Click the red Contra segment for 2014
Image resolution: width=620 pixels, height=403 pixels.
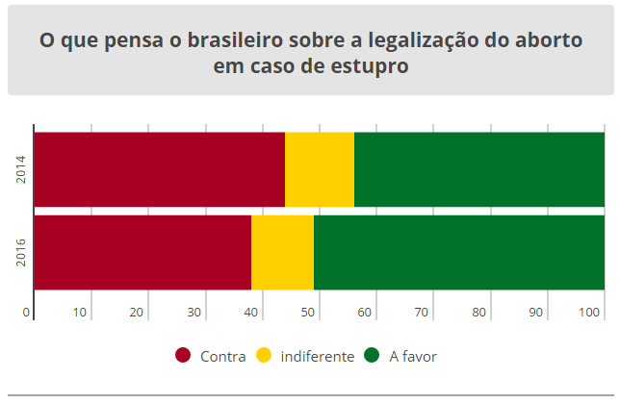click(159, 169)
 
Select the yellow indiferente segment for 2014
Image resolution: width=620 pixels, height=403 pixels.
click(320, 169)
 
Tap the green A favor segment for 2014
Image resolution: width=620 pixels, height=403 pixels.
click(478, 169)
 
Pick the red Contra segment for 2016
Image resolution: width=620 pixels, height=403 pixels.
click(142, 252)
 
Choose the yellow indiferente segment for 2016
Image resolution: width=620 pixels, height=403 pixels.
click(282, 252)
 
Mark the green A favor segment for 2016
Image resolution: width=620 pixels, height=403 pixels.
click(458, 252)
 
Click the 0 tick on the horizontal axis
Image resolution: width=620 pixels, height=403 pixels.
click(26, 312)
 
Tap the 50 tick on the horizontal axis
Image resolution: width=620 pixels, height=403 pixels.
click(308, 312)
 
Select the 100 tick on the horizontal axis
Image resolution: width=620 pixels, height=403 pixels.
click(590, 312)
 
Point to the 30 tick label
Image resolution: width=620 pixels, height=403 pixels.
click(194, 312)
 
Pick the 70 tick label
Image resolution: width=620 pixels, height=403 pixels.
click(422, 312)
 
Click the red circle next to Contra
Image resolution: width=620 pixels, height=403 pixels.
click(183, 356)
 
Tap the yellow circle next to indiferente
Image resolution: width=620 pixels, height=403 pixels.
click(263, 356)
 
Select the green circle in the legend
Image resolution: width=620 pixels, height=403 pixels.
click(372, 356)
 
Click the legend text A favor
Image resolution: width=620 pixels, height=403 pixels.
click(413, 357)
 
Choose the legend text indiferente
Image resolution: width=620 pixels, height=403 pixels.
click(317, 357)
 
